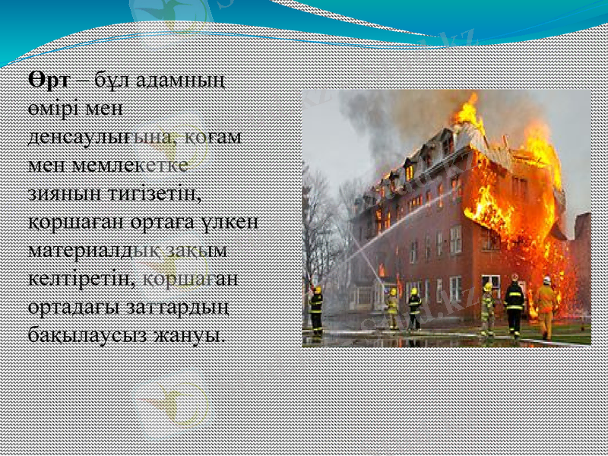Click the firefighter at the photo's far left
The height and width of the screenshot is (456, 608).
point(316,310)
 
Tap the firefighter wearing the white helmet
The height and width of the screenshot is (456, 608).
point(546,308)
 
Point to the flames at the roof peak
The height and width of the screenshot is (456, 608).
point(468,114)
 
